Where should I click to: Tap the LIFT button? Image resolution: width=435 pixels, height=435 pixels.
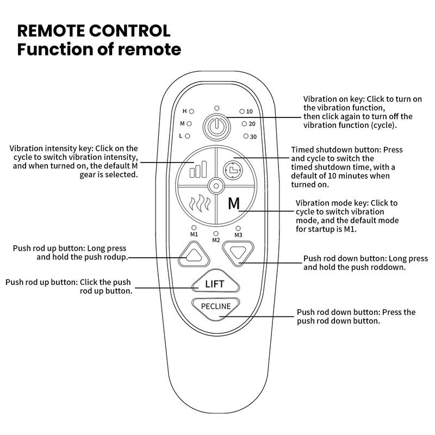click(215, 284)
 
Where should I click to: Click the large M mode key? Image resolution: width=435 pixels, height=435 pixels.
click(234, 204)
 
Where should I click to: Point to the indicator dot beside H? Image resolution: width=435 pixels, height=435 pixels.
click(191, 111)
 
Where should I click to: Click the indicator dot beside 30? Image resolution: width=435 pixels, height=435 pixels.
click(246, 136)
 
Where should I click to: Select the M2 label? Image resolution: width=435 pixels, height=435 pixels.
click(216, 240)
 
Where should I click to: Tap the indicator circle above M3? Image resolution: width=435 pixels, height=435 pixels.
click(238, 228)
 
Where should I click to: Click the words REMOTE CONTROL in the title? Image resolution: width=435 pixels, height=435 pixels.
click(94, 29)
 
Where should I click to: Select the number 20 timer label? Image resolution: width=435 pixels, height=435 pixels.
click(252, 124)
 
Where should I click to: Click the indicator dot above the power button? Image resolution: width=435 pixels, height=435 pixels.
click(216, 108)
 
